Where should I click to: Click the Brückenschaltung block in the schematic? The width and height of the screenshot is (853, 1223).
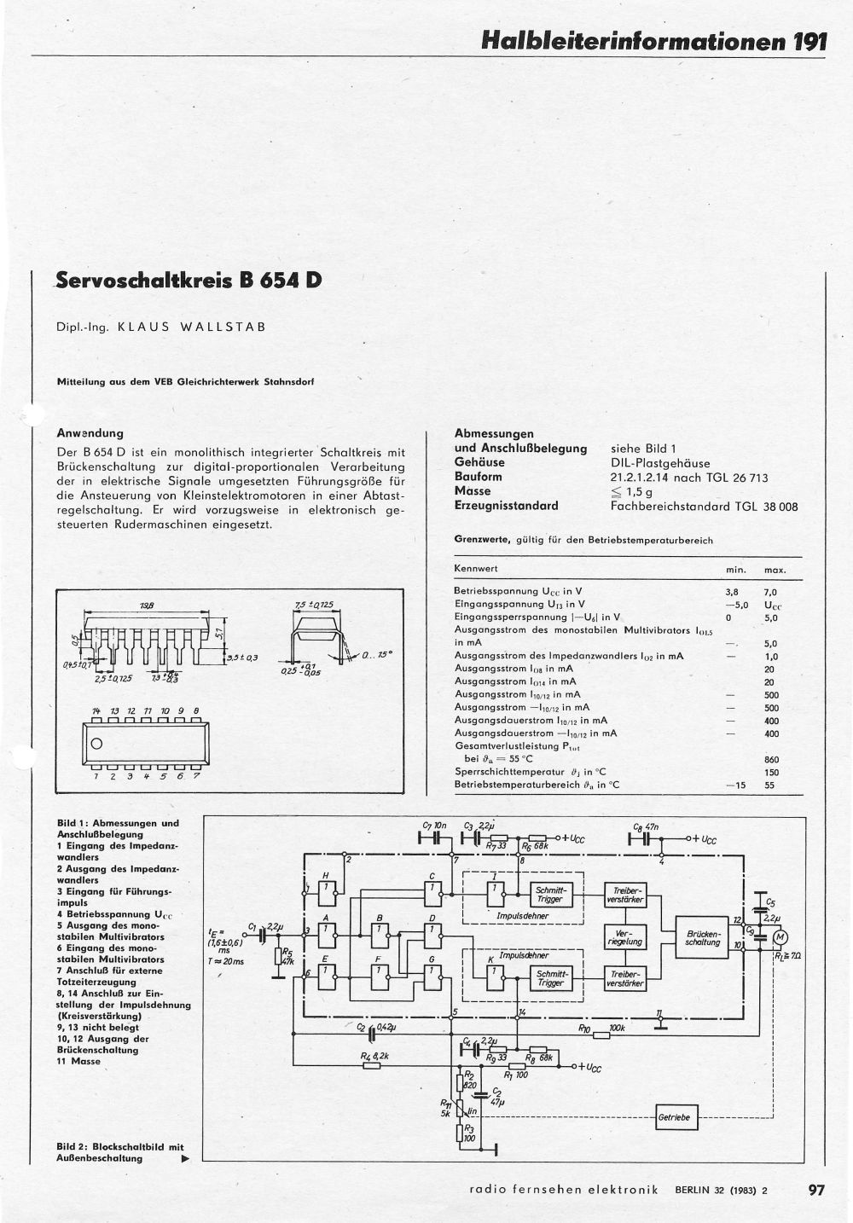703,937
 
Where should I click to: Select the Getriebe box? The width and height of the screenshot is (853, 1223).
676,1117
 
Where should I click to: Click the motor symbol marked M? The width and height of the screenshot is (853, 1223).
779,937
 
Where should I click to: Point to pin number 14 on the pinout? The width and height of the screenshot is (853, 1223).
96,710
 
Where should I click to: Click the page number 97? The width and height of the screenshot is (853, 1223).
815,1190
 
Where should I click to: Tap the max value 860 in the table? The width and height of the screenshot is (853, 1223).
771,759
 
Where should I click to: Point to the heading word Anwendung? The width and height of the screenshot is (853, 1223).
90,432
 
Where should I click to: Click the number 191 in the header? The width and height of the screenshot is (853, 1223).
808,41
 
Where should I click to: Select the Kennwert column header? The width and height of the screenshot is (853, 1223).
476,568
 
